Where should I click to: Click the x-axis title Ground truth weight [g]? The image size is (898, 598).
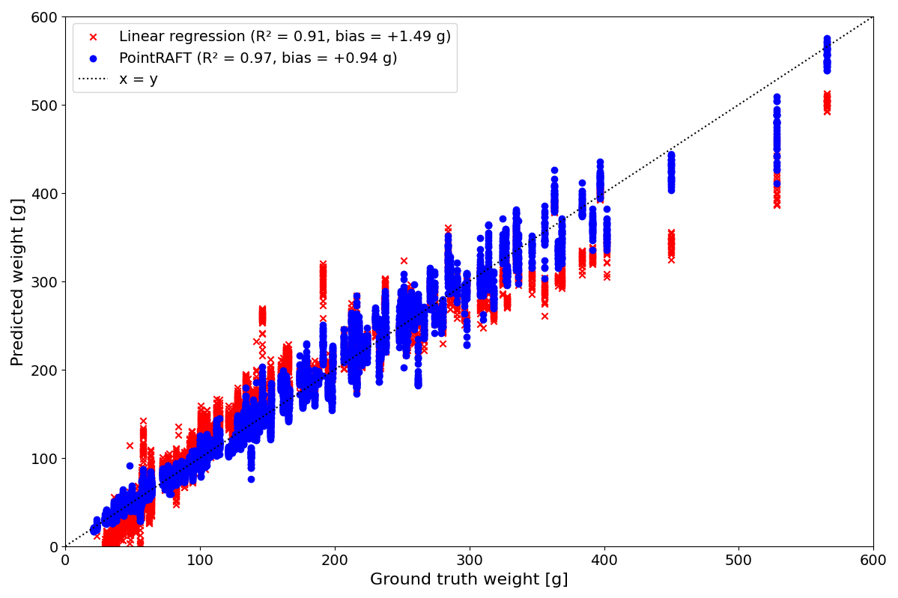point(469,580)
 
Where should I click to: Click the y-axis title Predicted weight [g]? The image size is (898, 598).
point(17,281)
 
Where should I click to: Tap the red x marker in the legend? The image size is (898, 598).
point(94,37)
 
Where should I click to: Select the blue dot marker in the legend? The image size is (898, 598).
point(94,58)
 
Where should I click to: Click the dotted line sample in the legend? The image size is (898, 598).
point(94,79)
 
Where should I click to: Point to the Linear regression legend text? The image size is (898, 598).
point(285,37)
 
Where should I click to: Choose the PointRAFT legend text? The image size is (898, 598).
point(258,58)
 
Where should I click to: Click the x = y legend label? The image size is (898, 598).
point(139,79)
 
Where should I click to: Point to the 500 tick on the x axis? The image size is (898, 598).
point(738,561)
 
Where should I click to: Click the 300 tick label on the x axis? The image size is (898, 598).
point(469,561)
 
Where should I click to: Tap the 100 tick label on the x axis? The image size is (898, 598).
point(200,561)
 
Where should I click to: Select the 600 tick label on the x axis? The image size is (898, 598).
point(873,561)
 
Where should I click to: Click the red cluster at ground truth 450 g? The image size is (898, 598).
point(671,246)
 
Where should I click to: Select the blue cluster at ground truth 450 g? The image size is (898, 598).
point(671,173)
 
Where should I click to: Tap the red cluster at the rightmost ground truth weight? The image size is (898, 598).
point(827,103)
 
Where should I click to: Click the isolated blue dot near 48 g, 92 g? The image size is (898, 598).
point(130,466)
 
